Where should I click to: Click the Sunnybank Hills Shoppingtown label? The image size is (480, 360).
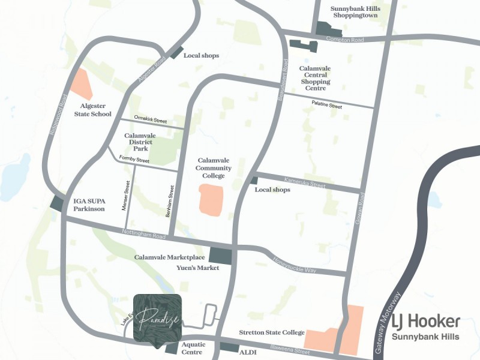[358, 13]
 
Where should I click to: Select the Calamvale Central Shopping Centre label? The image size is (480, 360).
[315, 78]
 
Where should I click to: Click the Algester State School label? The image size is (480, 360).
[92, 110]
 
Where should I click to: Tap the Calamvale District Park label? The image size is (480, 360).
[140, 142]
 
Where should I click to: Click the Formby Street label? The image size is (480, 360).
[134, 160]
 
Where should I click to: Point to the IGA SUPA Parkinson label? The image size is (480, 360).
[89, 205]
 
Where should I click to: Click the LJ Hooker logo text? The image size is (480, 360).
[426, 322]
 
